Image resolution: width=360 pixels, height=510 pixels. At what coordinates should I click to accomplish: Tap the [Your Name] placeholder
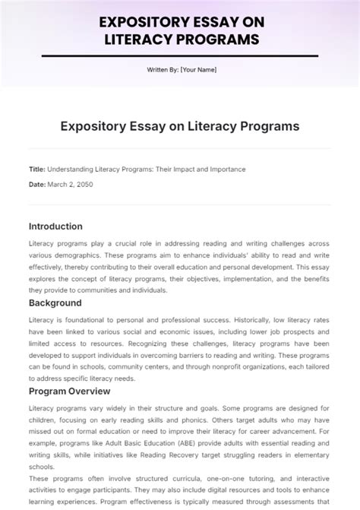pyautogui.click(x=199, y=70)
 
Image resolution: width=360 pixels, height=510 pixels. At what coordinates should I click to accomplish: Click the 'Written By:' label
pyautogui.click(x=163, y=70)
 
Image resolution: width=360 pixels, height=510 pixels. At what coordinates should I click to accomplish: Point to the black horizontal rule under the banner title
pyautogui.click(x=180, y=55)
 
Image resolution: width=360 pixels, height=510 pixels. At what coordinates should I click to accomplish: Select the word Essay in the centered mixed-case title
pyautogui.click(x=147, y=125)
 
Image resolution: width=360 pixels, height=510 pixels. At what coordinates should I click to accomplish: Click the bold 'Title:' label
pyautogui.click(x=36, y=169)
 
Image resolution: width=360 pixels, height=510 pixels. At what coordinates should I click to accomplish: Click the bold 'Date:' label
pyautogui.click(x=37, y=185)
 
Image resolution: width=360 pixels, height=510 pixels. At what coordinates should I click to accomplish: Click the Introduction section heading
pyautogui.click(x=55, y=226)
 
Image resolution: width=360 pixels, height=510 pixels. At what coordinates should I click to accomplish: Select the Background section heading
pyautogui.click(x=55, y=303)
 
